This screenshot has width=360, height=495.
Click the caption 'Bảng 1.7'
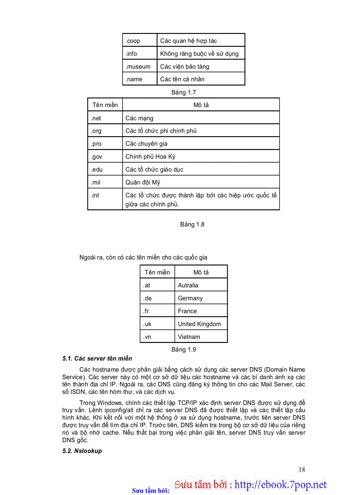pyautogui.click(x=184, y=93)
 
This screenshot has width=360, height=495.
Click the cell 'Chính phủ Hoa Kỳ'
pyautogui.click(x=150, y=156)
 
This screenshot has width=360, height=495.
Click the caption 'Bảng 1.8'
pyautogui.click(x=192, y=224)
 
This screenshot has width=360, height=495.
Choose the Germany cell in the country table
pyautogui.click(x=190, y=298)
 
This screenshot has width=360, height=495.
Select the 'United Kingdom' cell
pyautogui.click(x=199, y=324)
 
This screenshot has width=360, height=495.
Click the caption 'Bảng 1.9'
pyautogui.click(x=184, y=350)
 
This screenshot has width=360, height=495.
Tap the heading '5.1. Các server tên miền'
pyautogui.click(x=97, y=358)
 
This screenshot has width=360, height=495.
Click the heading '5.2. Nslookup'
pyautogui.click(x=82, y=451)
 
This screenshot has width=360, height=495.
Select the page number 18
pyautogui.click(x=301, y=469)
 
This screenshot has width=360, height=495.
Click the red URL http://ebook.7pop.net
pyautogui.click(x=281, y=485)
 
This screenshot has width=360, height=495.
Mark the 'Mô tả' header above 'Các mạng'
pyautogui.click(x=201, y=105)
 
